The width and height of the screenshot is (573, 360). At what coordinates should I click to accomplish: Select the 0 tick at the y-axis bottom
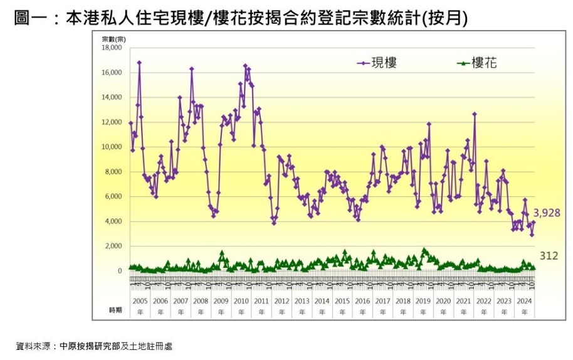pos(119,272)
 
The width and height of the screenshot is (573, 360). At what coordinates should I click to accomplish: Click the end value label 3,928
pos(547,213)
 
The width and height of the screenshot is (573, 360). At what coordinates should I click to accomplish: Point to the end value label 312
pos(549,256)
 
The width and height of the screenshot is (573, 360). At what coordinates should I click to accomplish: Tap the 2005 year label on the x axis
pos(140,301)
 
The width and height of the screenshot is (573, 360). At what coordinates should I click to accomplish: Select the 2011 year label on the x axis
pos(261,301)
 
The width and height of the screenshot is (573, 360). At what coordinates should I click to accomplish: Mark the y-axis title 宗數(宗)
pos(114,39)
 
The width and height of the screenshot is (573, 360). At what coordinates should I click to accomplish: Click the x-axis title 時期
pos(116,309)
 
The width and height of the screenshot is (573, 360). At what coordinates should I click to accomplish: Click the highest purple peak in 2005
pos(139,62)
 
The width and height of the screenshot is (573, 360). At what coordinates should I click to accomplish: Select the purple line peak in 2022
pos(475,114)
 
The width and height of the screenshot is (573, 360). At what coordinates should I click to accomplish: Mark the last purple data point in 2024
pos(534,223)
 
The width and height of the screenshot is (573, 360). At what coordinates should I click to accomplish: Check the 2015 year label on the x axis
pos(342,301)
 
